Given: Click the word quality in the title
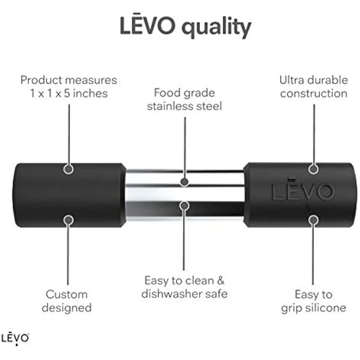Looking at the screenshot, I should point(215,27).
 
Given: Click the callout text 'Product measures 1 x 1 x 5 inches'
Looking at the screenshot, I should point(68,86).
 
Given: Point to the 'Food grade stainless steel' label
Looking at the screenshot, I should point(185,99).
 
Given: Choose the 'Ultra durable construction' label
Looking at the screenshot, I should point(314,86).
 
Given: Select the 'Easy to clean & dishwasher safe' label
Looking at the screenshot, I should point(184,287).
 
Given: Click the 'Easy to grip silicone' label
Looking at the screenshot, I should point(314,301).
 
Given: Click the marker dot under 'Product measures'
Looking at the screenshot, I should point(68,168).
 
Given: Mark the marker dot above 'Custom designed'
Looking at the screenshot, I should point(68,219).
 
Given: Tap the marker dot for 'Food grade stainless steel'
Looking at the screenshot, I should point(185,182).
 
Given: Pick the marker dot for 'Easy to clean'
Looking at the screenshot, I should point(184,205).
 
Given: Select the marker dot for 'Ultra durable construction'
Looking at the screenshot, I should point(314,168).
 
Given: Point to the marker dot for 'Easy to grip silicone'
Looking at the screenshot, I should point(314,219).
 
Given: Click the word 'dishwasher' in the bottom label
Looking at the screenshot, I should point(169,294).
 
